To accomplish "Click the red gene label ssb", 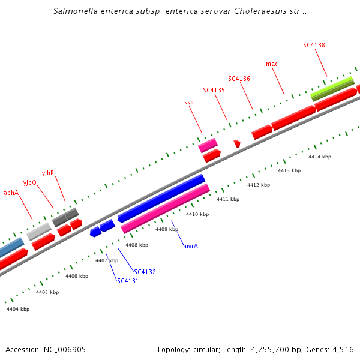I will click(x=189, y=103).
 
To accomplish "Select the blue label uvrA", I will click(x=191, y=246).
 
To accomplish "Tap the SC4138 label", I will click(x=314, y=45).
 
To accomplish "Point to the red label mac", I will click(x=272, y=64).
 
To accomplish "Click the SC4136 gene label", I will click(x=239, y=79).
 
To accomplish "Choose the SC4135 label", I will click(x=214, y=90).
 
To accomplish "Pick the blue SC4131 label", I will click(x=128, y=281).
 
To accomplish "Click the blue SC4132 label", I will click(x=145, y=272).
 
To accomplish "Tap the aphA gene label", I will click(x=11, y=193).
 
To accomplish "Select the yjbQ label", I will click(x=30, y=182).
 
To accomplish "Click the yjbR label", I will click(x=48, y=173).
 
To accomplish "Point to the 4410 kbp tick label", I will click(x=197, y=214).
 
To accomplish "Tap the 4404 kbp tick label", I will click(x=18, y=309).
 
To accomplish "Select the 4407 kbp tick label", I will click(x=107, y=260).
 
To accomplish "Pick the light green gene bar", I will click(x=332, y=89).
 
